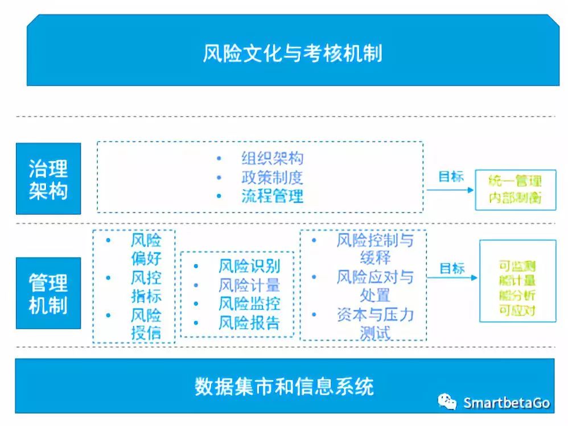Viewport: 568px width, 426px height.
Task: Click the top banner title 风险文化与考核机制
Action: coord(292,54)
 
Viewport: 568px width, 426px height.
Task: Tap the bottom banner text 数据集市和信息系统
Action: coord(284,386)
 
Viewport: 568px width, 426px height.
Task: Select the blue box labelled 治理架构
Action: coord(48,179)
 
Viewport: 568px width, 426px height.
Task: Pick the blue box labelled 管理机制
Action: coord(48,293)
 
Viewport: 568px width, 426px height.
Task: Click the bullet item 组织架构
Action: coord(272,159)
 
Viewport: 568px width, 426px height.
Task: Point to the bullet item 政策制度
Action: coord(272,177)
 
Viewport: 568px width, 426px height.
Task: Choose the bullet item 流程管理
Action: coord(272,196)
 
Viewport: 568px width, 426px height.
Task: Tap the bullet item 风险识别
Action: coord(249,266)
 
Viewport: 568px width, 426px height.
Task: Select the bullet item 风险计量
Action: coord(249,285)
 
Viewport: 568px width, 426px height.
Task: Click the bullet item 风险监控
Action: coord(249,304)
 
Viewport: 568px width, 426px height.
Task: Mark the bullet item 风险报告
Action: coord(249,323)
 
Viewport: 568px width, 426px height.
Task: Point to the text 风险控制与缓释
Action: coord(374,248)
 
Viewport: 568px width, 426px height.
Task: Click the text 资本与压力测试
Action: coord(374,323)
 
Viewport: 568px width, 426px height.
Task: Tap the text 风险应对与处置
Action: coord(374,286)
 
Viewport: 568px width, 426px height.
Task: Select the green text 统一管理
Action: coord(515,182)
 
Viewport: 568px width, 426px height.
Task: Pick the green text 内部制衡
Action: coord(515,198)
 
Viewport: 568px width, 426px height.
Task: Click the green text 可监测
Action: coord(517,266)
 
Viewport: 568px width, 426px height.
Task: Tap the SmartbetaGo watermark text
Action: coord(506,402)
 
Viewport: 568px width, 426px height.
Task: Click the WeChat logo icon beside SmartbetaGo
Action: coord(447,402)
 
